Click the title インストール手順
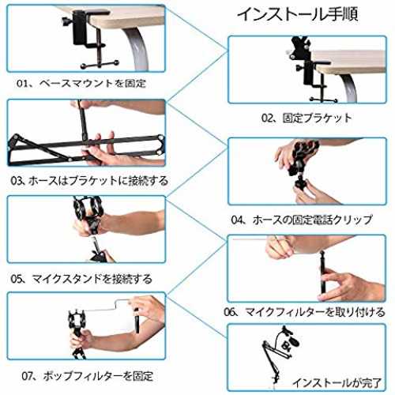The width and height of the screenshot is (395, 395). (x=297, y=14)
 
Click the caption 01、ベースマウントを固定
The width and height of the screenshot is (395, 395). (x=81, y=83)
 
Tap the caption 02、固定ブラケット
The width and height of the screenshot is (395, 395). (x=307, y=118)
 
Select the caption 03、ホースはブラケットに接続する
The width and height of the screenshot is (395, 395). (x=89, y=181)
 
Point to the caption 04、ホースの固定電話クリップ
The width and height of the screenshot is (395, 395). (x=302, y=220)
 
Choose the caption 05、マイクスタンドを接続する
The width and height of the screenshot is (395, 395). (x=81, y=279)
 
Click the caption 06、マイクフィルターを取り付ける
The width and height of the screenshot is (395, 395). (x=304, y=312)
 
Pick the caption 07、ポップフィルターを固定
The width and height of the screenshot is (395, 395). (x=87, y=376)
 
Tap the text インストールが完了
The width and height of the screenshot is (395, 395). (x=337, y=383)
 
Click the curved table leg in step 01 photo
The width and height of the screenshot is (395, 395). (x=137, y=47)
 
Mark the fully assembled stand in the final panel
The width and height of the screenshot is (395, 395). (x=279, y=353)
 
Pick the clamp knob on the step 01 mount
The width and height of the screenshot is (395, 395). (x=66, y=21)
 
